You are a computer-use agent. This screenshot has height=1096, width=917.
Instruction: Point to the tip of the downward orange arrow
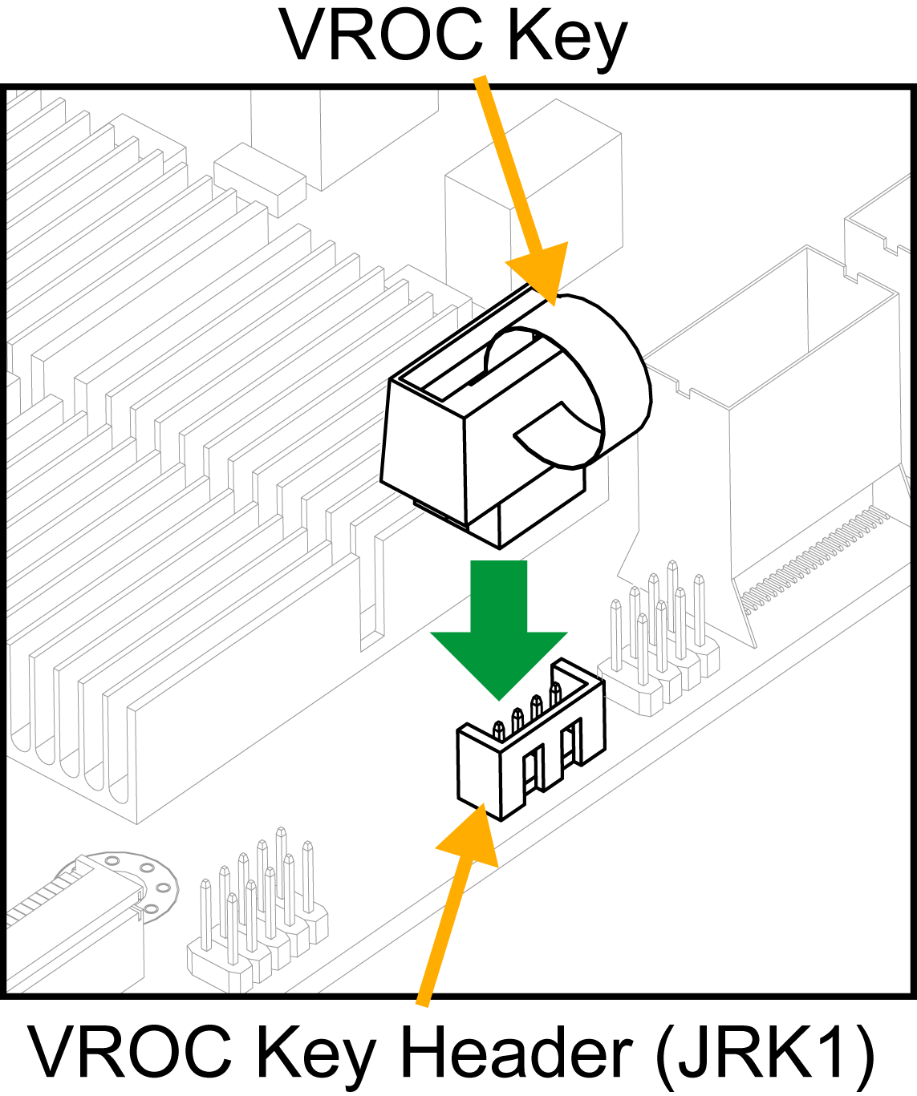pos(553,303)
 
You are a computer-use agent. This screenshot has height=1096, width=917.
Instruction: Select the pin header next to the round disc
pos(257,914)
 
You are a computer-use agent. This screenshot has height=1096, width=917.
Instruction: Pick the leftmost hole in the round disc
pos(112,861)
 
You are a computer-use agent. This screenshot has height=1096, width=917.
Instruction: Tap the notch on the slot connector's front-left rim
pos(683,390)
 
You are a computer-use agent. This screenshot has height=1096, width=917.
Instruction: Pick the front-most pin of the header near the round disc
pos(232,930)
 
